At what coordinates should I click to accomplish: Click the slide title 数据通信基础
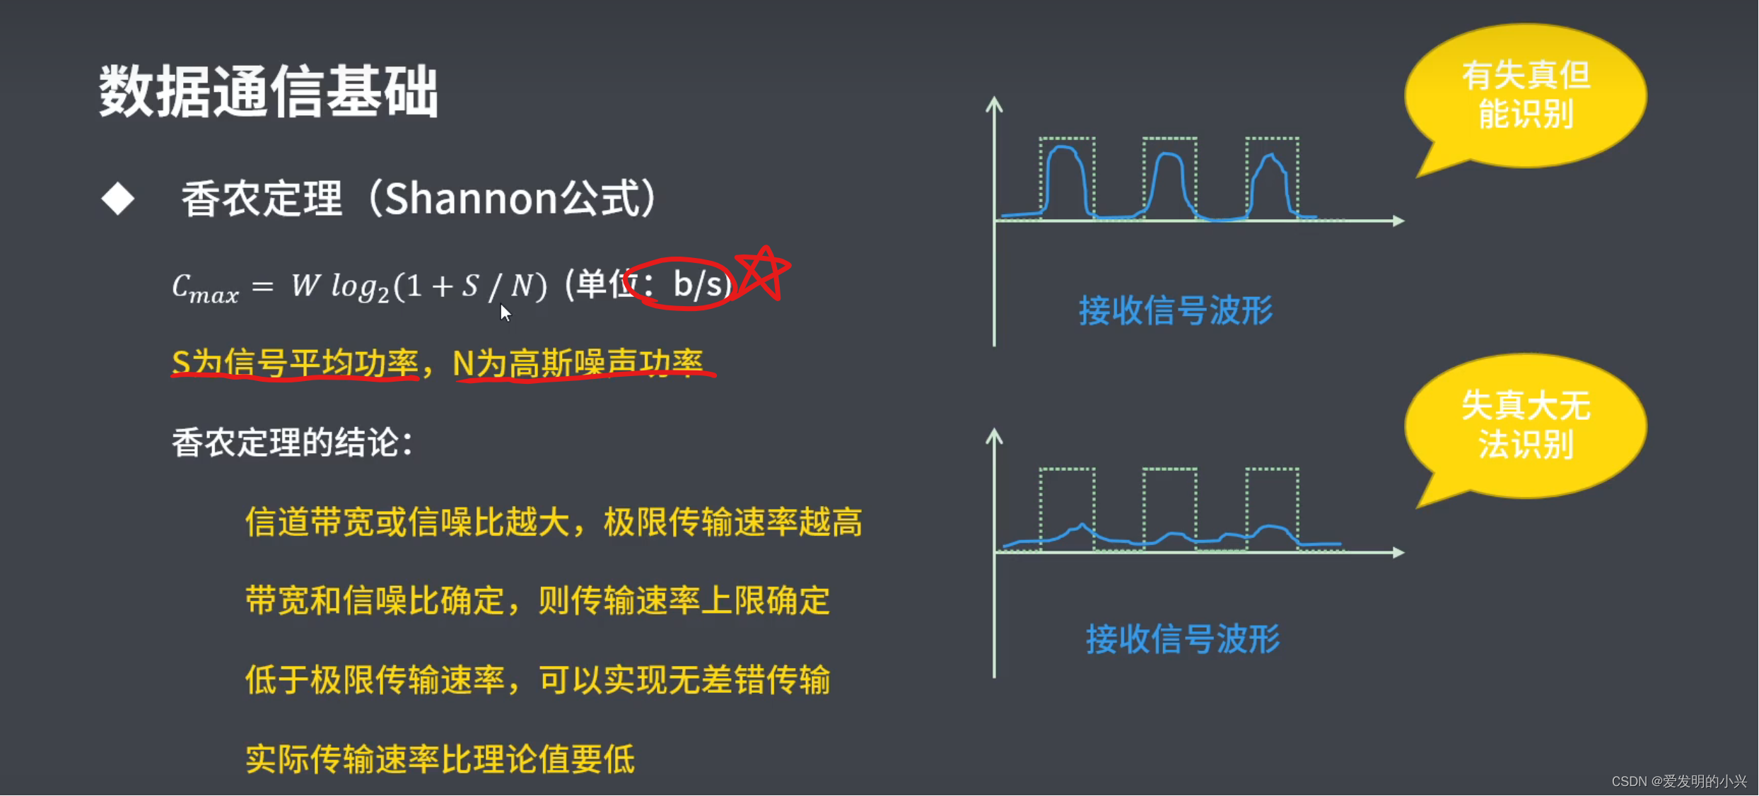tap(268, 92)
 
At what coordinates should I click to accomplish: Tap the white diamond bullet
tap(117, 199)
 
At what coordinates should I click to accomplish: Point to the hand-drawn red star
tap(763, 272)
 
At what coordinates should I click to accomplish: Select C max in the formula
tap(205, 288)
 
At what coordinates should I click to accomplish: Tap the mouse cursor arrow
tap(505, 312)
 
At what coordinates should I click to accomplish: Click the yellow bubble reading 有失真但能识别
tap(1526, 95)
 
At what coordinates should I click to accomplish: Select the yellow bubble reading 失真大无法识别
tap(1526, 426)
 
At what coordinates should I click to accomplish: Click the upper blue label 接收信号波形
tap(1176, 311)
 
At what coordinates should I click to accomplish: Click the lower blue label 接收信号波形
tap(1183, 640)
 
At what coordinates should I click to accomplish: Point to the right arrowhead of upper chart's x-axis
tap(1398, 221)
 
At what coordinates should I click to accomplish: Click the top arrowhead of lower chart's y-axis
tap(994, 436)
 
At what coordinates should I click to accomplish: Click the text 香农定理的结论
tap(291, 444)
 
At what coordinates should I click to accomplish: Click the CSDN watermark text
tap(1678, 781)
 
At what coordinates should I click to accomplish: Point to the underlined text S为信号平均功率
tap(296, 363)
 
